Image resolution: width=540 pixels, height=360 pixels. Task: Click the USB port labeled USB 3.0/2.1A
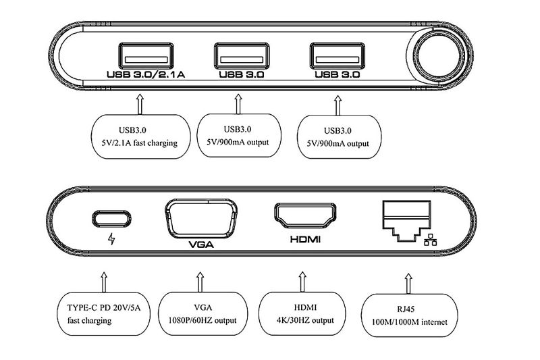[x=144, y=54]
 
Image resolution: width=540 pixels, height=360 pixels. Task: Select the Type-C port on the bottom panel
[x=112, y=219]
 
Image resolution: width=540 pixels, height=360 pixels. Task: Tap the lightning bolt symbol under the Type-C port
[x=112, y=240]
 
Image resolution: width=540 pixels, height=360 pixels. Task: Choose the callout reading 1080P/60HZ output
[x=201, y=314]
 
